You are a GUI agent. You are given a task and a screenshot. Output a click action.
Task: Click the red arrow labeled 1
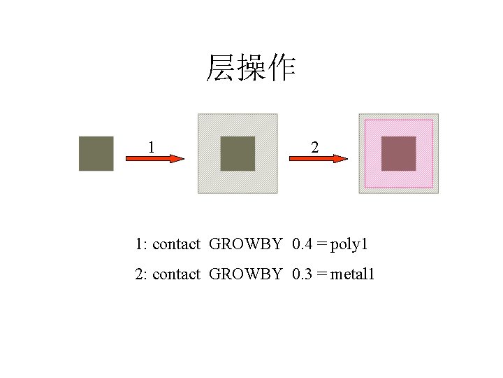point(154,159)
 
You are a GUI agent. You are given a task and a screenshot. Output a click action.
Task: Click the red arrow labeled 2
point(318,159)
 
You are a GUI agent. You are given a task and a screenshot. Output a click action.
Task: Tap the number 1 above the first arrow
point(151,146)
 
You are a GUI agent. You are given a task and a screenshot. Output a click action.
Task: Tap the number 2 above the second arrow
point(315,146)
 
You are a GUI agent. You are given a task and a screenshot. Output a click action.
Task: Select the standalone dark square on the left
point(96,153)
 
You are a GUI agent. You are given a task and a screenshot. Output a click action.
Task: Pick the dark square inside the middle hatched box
point(238,153)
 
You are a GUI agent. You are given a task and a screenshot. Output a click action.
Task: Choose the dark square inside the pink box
point(398,153)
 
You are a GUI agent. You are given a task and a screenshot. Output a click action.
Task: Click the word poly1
point(349,244)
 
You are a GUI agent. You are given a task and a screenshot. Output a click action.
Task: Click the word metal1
point(353,274)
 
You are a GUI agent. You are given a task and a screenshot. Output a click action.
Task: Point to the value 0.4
point(302,244)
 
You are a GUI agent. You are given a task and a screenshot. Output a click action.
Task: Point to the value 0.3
point(302,274)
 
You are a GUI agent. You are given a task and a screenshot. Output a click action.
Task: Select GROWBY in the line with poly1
point(245,244)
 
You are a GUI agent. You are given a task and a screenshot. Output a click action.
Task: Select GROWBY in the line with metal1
point(245,274)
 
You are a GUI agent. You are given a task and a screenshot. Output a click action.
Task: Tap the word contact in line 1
point(175,244)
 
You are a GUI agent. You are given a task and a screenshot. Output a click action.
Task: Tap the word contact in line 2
point(175,274)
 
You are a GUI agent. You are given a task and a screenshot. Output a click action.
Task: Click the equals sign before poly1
point(321,244)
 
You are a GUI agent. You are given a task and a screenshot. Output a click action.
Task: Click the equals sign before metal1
point(321,274)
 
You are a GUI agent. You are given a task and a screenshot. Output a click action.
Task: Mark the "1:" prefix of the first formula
point(141,244)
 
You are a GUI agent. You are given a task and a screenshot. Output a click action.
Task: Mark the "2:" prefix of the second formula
point(141,274)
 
